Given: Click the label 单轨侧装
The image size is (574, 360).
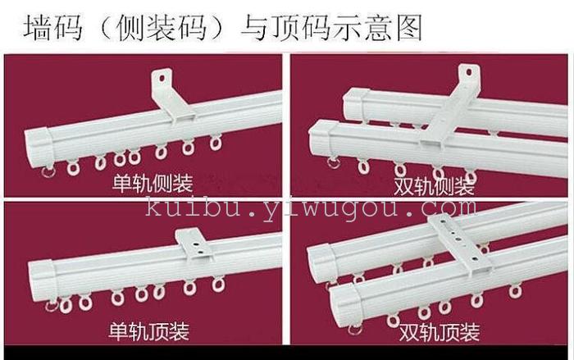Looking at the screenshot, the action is pos(153,183).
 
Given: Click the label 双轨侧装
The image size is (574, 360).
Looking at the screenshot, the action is pos(434,186).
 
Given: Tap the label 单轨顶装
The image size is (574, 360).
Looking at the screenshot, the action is pos(149,331).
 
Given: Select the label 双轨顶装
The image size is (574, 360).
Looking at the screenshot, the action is pos(440,333).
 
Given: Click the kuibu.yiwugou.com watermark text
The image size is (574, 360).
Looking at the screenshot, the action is pos(311,209).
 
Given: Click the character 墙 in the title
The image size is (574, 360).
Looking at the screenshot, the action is pos(38,27).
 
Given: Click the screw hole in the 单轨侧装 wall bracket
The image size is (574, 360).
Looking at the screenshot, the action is pos(162,78).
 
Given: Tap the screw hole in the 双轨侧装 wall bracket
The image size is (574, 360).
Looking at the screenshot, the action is pos(469,72).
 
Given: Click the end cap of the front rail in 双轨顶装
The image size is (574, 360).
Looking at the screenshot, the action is pos(342,305).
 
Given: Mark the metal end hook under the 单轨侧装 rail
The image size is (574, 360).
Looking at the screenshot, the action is pos(48,171).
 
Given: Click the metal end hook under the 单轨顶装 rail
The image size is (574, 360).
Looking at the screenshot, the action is pos(52,305).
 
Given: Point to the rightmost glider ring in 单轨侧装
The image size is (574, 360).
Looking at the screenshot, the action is pos(216,143).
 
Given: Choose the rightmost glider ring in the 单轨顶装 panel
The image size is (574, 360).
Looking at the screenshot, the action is pos(218,285).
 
